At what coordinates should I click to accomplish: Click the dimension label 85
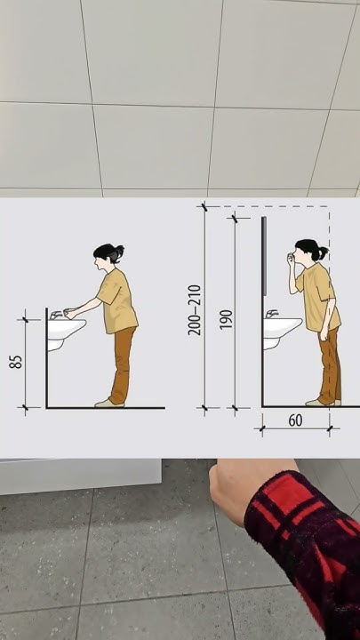15,362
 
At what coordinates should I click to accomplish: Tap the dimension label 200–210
195,310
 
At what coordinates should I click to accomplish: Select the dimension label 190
226,320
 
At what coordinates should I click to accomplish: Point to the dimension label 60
295,420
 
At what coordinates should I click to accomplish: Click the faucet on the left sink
56,315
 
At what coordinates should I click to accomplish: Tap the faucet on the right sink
271,314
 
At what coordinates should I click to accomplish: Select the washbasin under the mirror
282,332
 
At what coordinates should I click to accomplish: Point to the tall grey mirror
264,256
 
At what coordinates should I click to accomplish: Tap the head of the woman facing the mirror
309,250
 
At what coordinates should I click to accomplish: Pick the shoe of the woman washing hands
108,404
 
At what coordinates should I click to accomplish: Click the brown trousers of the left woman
121,365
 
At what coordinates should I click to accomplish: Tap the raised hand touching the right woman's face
291,260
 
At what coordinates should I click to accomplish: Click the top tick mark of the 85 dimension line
25,320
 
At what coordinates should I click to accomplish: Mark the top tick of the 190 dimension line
235,219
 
